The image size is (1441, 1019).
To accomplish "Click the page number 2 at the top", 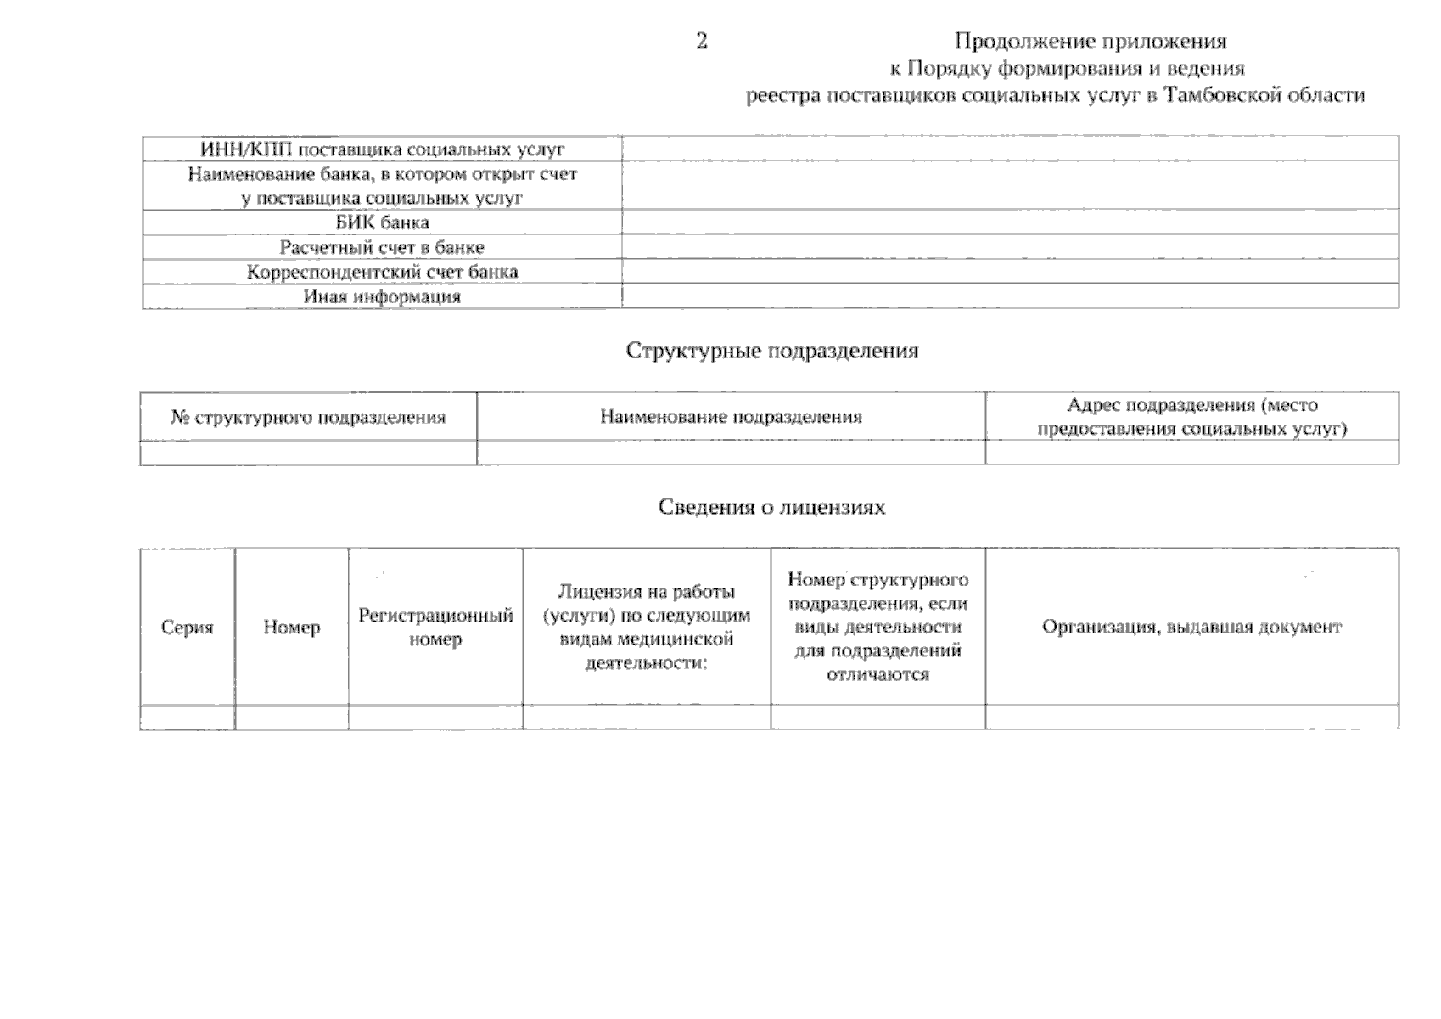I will point(702,42).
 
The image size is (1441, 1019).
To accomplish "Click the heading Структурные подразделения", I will point(771,351).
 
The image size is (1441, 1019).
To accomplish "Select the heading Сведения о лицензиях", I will point(771,507).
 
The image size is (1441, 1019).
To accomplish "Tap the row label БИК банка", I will point(382,223).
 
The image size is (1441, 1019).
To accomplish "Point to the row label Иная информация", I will point(382,297).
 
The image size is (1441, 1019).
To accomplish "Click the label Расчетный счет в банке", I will point(382,248).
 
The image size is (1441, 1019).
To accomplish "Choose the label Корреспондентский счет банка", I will point(382,273).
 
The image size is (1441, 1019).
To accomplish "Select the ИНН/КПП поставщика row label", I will point(382,149).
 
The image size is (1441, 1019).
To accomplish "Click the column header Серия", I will point(188,628).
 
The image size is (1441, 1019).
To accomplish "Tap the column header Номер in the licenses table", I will point(292,628).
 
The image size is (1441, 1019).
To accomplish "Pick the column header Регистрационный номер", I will point(435,628).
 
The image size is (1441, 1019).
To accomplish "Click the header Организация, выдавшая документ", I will point(1191,628).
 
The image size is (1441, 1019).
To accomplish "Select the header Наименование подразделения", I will point(731,417).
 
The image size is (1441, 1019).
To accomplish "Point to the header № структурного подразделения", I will point(308,418).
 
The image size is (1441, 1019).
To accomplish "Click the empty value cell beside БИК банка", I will point(1010,223).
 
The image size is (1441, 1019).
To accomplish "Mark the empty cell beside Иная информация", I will point(1010,296).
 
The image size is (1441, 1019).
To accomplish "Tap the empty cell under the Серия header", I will point(188,718).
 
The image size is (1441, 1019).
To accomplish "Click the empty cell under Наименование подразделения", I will point(731,453).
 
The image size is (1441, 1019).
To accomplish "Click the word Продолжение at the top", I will point(1023,42).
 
